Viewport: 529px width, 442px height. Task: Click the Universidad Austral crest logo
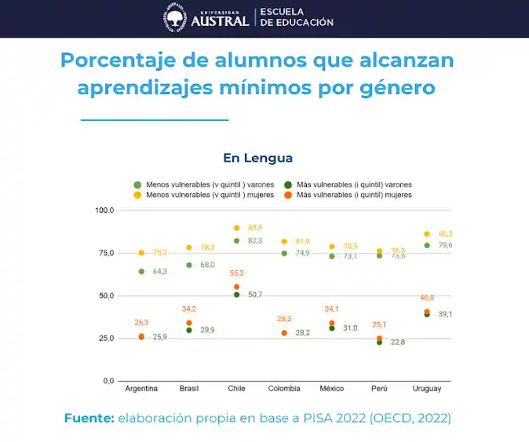(176, 17)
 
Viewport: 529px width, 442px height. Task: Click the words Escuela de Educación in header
(297, 17)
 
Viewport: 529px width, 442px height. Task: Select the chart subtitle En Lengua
(257, 158)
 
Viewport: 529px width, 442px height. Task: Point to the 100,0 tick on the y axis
(104, 210)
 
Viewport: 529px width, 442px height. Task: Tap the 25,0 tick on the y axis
(104, 338)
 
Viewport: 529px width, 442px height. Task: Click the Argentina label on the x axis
(141, 389)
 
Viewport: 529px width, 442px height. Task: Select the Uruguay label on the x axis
(426, 389)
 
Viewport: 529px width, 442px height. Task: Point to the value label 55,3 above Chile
(236, 273)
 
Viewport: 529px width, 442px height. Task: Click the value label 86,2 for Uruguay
(444, 234)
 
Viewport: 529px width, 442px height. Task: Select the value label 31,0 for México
(350, 328)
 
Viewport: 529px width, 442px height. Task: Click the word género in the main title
(398, 87)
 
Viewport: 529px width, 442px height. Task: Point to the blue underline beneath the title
(155, 120)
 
